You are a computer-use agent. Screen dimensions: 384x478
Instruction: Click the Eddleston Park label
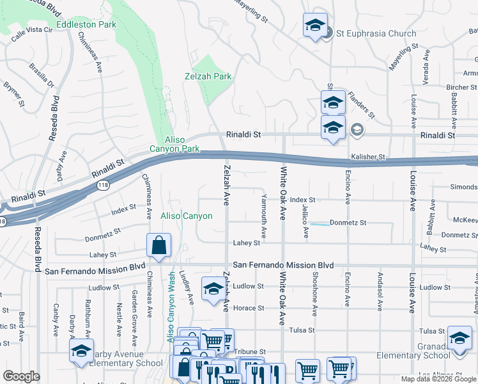coord(86,24)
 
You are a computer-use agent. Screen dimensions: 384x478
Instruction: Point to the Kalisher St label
coord(367,156)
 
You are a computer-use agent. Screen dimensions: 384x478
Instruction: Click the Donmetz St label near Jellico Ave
coord(347,223)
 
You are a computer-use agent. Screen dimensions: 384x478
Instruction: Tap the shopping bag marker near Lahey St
coord(158,246)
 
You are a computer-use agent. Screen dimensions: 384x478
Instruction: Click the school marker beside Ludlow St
coord(213,289)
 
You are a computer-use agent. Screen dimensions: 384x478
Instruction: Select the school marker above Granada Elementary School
coord(459,338)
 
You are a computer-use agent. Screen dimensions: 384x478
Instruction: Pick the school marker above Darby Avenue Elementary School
coord(82,351)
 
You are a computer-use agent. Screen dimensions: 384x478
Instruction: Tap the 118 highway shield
coord(102,185)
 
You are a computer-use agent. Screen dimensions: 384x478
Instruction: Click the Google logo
coord(21,376)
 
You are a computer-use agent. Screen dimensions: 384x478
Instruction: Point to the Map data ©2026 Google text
coord(438,379)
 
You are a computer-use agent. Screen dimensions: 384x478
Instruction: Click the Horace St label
coord(248,308)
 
